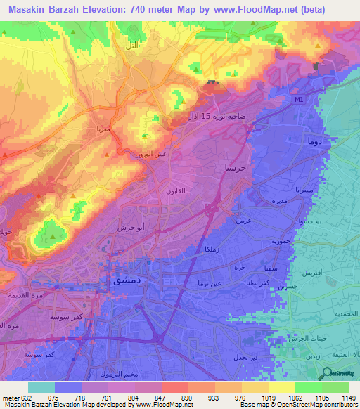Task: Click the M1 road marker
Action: [x=298, y=99]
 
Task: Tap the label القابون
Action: [x=175, y=191]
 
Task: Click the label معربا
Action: [x=98, y=129]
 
